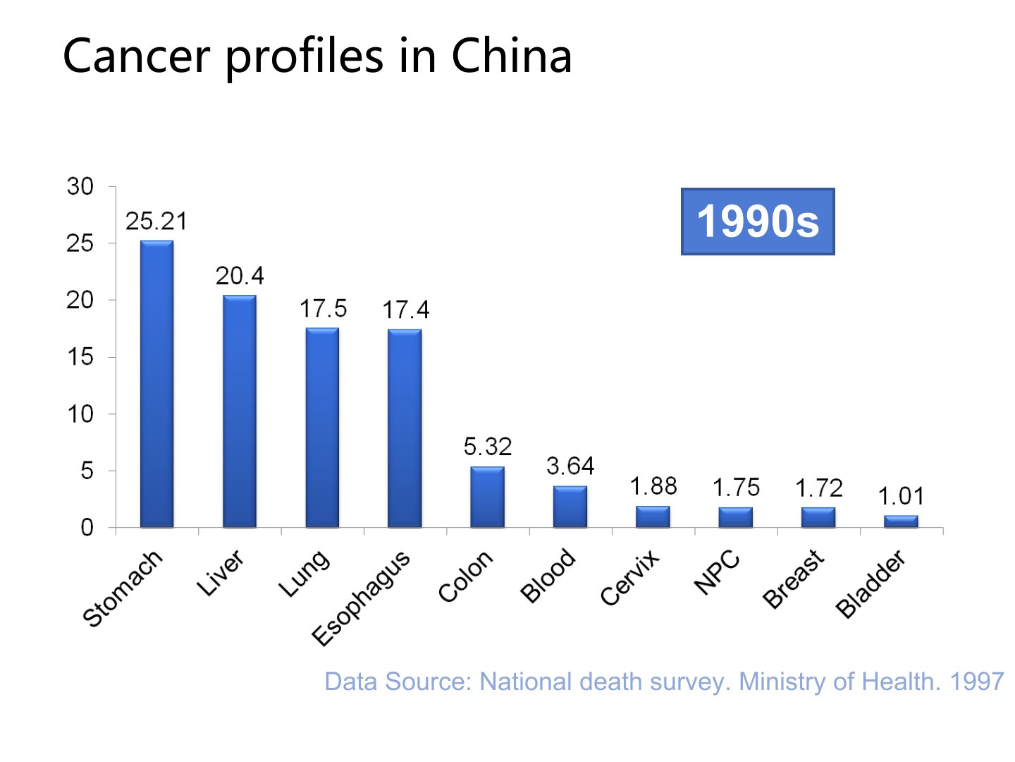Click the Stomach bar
[156, 385]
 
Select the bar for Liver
[240, 411]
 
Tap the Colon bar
[487, 497]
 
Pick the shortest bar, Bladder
[901, 521]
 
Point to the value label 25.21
[156, 222]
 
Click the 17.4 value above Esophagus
[405, 310]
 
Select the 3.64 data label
[570, 466]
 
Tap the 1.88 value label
[653, 487]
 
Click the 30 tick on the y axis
[80, 187]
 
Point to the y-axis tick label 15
[80, 357]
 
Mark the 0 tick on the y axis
[87, 528]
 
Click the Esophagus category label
[361, 598]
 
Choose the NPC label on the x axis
[717, 572]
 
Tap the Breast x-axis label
[794, 579]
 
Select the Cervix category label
[630, 578]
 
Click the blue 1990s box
[758, 222]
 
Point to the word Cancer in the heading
[136, 56]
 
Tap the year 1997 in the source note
[976, 682]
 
